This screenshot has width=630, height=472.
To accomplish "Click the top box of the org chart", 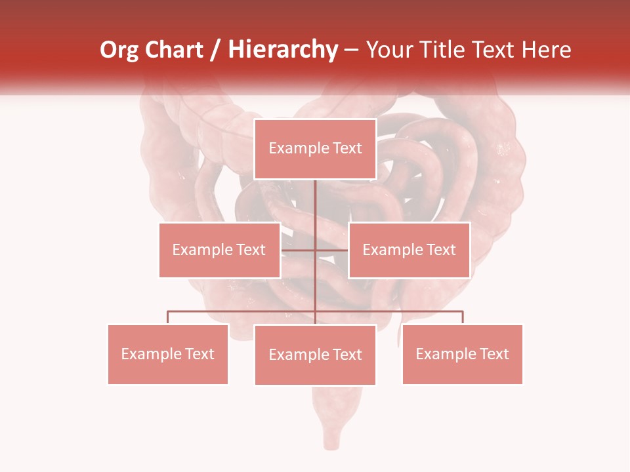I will tap(315, 149).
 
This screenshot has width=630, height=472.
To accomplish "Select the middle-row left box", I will tap(219, 250).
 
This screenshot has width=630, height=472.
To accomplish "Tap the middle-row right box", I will tap(409, 250).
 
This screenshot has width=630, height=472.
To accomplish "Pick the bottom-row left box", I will tap(168, 354).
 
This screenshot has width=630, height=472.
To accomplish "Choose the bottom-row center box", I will tap(315, 355).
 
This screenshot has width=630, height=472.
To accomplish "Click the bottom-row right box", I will tap(462, 354).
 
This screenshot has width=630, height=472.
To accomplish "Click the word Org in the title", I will tap(120, 50).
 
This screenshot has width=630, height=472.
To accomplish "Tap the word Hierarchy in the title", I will tap(282, 50).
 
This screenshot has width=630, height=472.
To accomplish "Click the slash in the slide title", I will tap(215, 50).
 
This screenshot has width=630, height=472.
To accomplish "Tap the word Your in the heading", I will tap(393, 50).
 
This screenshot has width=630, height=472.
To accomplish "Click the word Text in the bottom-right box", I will tap(494, 354).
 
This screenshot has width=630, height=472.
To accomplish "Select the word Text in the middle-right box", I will tap(441, 250).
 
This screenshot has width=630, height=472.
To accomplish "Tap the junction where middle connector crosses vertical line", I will tap(316, 250).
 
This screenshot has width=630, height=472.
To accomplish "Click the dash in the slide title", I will tap(351, 50).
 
